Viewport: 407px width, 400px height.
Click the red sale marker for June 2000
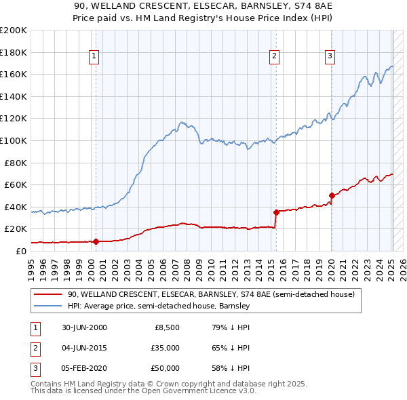(96, 241)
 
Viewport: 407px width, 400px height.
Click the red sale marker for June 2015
(276, 212)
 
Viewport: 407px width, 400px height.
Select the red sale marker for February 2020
(332, 196)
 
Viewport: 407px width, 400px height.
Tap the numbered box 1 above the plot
(94, 56)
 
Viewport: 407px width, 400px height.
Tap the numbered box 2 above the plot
(274, 56)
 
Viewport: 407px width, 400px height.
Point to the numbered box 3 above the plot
(330, 56)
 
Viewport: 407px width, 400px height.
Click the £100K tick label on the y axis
(14, 140)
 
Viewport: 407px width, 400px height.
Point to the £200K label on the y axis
(14, 31)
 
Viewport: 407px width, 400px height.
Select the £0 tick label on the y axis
(20, 251)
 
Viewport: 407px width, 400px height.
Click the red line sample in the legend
(48, 295)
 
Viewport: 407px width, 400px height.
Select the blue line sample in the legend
(48, 306)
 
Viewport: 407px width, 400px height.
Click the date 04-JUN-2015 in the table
(84, 348)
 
